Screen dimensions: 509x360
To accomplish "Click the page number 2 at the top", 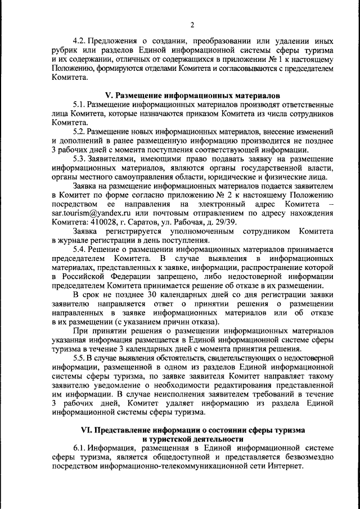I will [x=192, y=24].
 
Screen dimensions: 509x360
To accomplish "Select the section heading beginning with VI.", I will [x=193, y=430].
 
